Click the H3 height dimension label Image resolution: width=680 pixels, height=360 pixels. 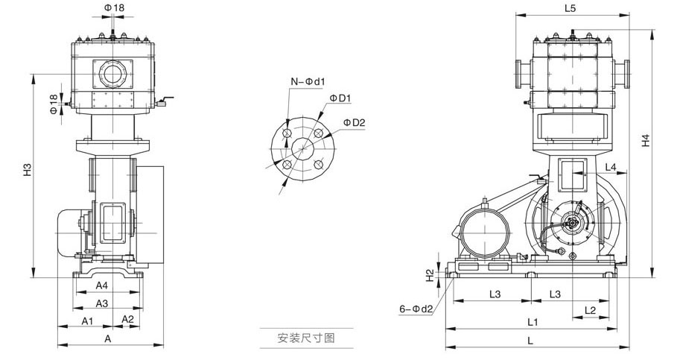(x=27, y=169)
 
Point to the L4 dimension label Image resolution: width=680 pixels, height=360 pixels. (x=610, y=167)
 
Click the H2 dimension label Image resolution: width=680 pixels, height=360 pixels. (x=430, y=275)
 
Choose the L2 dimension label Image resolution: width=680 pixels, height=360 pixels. (x=590, y=309)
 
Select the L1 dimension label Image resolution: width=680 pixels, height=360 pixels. (x=533, y=322)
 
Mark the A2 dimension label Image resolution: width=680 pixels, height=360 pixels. (x=127, y=320)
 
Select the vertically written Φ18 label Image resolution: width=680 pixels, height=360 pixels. (x=54, y=104)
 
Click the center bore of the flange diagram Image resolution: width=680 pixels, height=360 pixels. (x=302, y=147)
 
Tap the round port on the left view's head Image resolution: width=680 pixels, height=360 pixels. (x=113, y=74)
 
